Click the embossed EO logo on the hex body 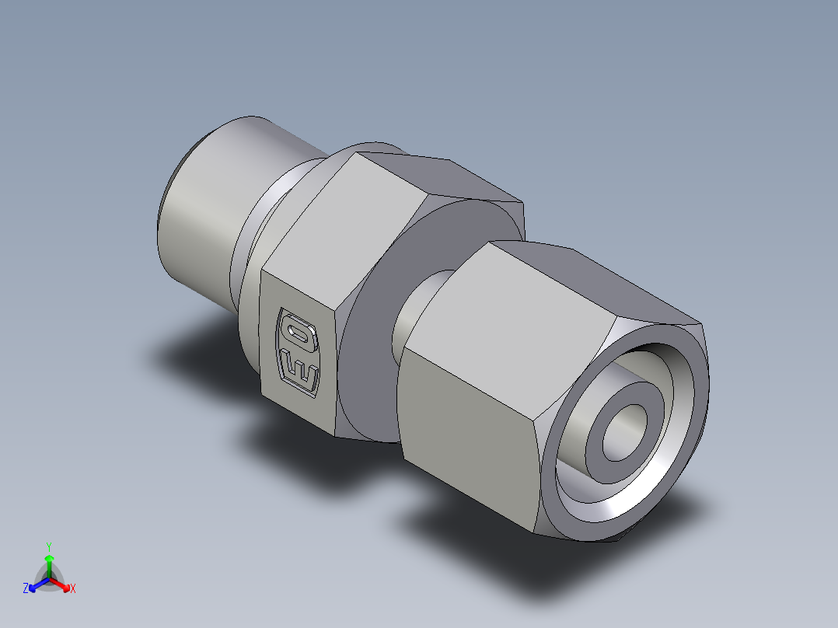299,351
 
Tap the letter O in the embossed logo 299,333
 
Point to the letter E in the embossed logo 299,369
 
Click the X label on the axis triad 73,589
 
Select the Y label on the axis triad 49,546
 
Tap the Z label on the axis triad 26,589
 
